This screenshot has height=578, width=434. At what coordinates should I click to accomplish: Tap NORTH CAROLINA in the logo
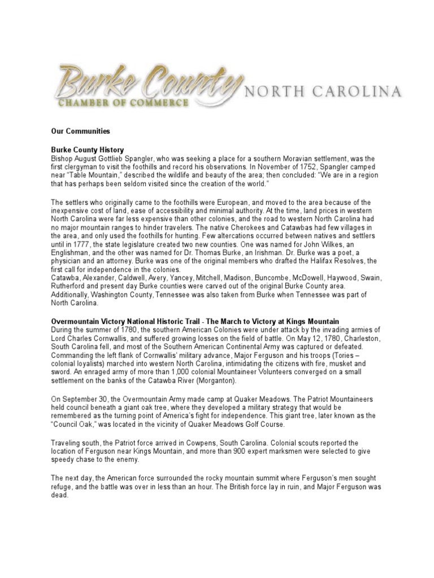click(322, 91)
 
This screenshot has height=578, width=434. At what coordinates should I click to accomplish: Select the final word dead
click(60, 495)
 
